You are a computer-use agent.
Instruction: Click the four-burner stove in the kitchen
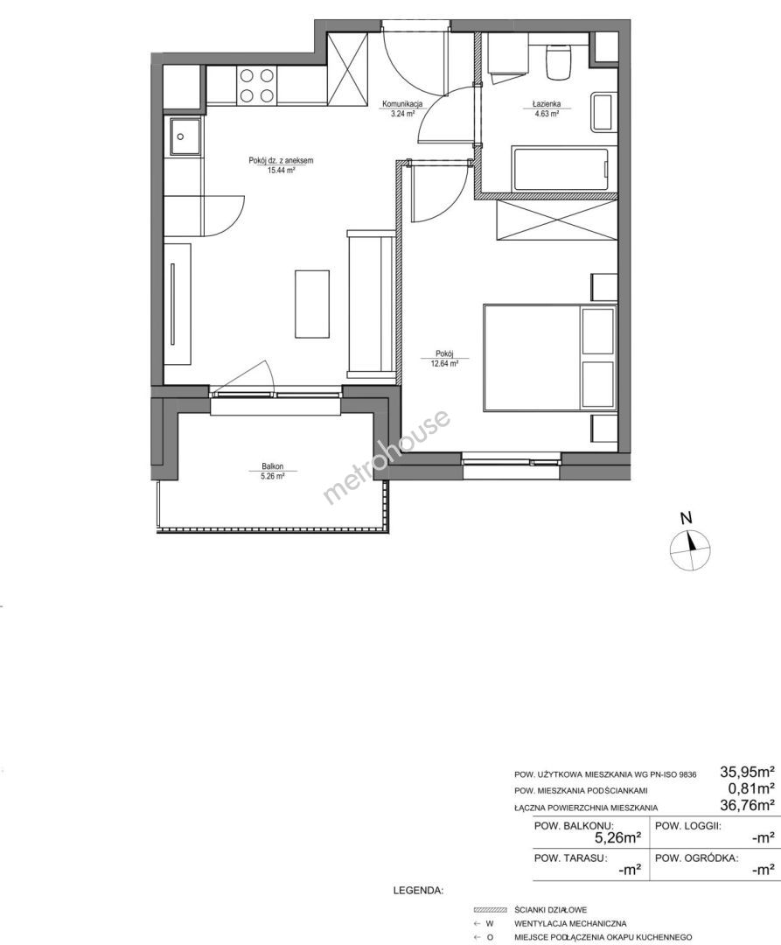pos(257,86)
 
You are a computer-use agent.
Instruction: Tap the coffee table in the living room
pos(312,304)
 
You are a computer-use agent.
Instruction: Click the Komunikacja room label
pos(402,104)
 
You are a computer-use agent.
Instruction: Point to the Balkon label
pos(272,465)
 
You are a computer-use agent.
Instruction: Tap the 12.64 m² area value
pos(445,363)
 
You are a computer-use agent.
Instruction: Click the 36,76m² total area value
pos(747,804)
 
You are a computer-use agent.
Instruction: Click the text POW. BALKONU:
pos(574,826)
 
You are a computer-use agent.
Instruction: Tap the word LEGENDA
pos(418,890)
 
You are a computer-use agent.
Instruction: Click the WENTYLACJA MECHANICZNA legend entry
pos(570,923)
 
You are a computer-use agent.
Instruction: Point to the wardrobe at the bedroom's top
pos(556,220)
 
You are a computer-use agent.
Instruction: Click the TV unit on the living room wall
pos(177,304)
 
